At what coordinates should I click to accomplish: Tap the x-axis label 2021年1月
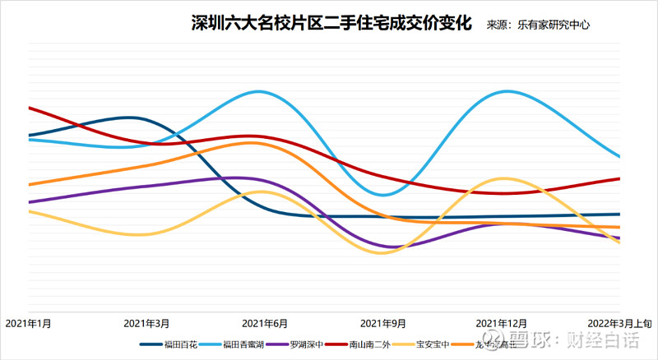29,324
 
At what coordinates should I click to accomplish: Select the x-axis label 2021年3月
146,324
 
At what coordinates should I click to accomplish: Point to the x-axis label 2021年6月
265,324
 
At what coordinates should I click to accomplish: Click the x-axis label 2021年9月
382,324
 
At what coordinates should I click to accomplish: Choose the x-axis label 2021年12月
502,324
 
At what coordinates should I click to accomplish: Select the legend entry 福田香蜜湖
244,345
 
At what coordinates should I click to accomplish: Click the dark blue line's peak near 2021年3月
130,118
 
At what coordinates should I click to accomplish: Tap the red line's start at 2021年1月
30,108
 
